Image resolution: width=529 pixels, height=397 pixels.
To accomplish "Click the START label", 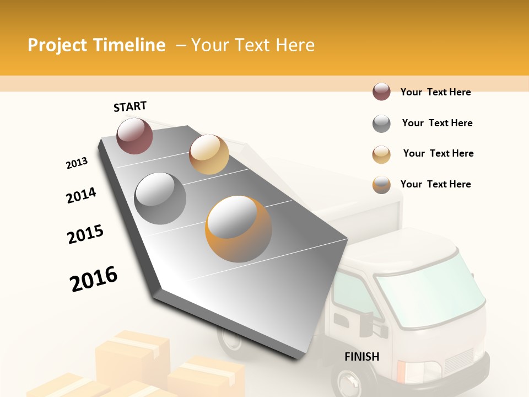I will (x=130, y=106).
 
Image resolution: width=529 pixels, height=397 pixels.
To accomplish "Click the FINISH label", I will (x=362, y=357).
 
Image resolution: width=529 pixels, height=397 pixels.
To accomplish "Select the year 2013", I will (x=77, y=163).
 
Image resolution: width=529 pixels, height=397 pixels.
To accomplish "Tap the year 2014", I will (x=81, y=195).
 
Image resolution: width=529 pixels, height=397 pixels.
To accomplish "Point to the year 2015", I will (x=85, y=234).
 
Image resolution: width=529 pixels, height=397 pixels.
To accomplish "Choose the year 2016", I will (x=94, y=278).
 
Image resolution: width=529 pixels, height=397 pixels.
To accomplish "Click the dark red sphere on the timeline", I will (x=134, y=136).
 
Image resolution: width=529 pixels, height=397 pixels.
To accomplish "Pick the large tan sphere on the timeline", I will (x=209, y=154).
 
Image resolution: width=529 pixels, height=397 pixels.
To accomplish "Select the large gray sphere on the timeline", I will (x=160, y=198).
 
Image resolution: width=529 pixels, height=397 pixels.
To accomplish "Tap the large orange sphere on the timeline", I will (x=239, y=229).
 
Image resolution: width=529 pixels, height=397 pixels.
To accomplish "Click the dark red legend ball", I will (x=381, y=92).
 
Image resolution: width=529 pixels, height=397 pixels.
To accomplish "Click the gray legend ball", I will (x=381, y=124).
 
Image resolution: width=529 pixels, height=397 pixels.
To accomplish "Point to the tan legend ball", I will (x=381, y=154).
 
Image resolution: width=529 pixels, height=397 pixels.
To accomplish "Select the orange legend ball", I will (x=381, y=185).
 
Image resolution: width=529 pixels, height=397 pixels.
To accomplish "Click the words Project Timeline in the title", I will (x=96, y=45).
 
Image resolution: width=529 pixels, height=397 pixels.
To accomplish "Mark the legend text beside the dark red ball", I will (x=435, y=92).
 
